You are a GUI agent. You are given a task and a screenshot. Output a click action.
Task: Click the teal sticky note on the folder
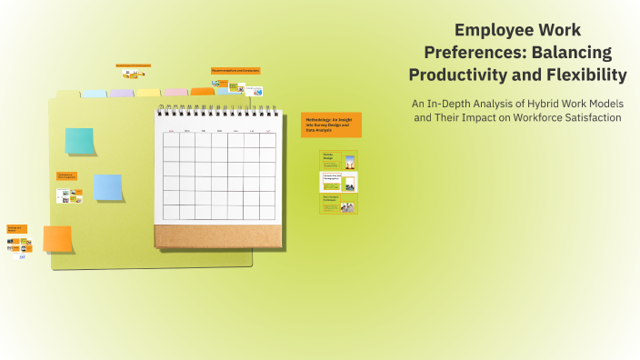click(x=79, y=141)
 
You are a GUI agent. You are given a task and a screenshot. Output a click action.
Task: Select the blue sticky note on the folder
click(x=108, y=186)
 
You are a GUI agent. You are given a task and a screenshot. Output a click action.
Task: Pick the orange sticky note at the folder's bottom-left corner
click(x=57, y=238)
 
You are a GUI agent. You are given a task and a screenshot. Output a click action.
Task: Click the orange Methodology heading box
click(x=331, y=125)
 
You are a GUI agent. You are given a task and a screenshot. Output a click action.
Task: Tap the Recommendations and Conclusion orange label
click(x=235, y=70)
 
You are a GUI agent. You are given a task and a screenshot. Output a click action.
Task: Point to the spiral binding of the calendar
click(x=216, y=112)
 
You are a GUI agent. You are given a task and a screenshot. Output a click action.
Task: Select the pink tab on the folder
click(x=175, y=92)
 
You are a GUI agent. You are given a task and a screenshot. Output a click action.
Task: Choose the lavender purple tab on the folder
click(x=121, y=93)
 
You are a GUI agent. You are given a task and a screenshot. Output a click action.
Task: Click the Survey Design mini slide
click(x=339, y=160)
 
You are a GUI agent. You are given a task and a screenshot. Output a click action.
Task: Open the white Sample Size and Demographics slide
click(x=339, y=182)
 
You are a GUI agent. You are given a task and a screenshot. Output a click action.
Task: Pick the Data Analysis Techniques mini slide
click(x=339, y=204)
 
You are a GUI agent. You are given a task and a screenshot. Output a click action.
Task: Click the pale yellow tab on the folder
click(x=148, y=93)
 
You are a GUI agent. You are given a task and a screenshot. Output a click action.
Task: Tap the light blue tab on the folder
click(x=95, y=93)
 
